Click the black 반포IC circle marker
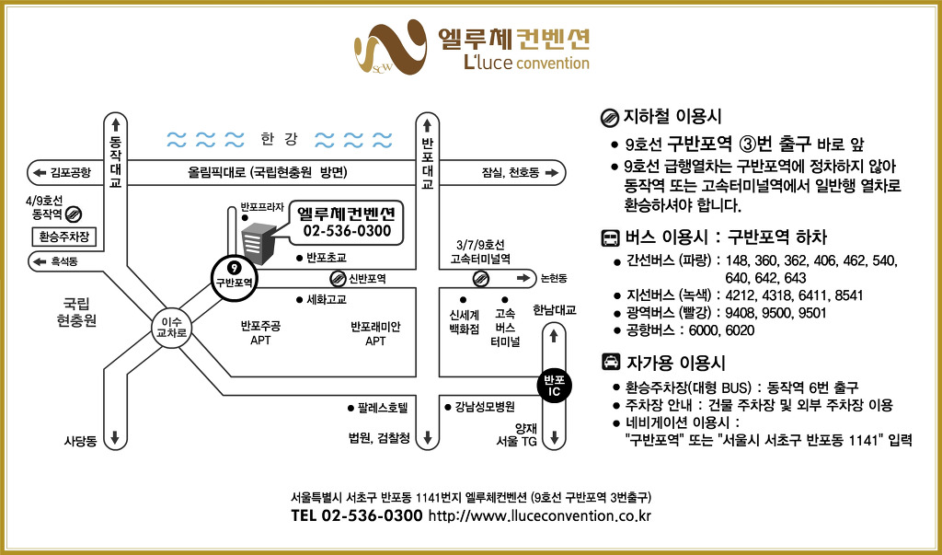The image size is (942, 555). tap(553, 385)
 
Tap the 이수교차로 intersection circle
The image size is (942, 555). tap(170, 328)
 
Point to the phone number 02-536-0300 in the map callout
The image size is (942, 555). tap(347, 230)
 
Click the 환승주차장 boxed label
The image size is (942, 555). tap(63, 236)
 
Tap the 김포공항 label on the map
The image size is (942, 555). tap(70, 172)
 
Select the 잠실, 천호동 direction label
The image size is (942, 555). tap(511, 172)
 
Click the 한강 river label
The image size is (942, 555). tap(279, 140)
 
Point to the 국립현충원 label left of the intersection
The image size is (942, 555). tap(76, 311)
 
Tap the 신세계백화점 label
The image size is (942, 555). tap(464, 321)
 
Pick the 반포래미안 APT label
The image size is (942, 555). tap(375, 333)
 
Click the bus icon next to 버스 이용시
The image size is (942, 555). tap(610, 237)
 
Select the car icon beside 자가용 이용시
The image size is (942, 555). tap(610, 362)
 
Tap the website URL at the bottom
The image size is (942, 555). tap(540, 516)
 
